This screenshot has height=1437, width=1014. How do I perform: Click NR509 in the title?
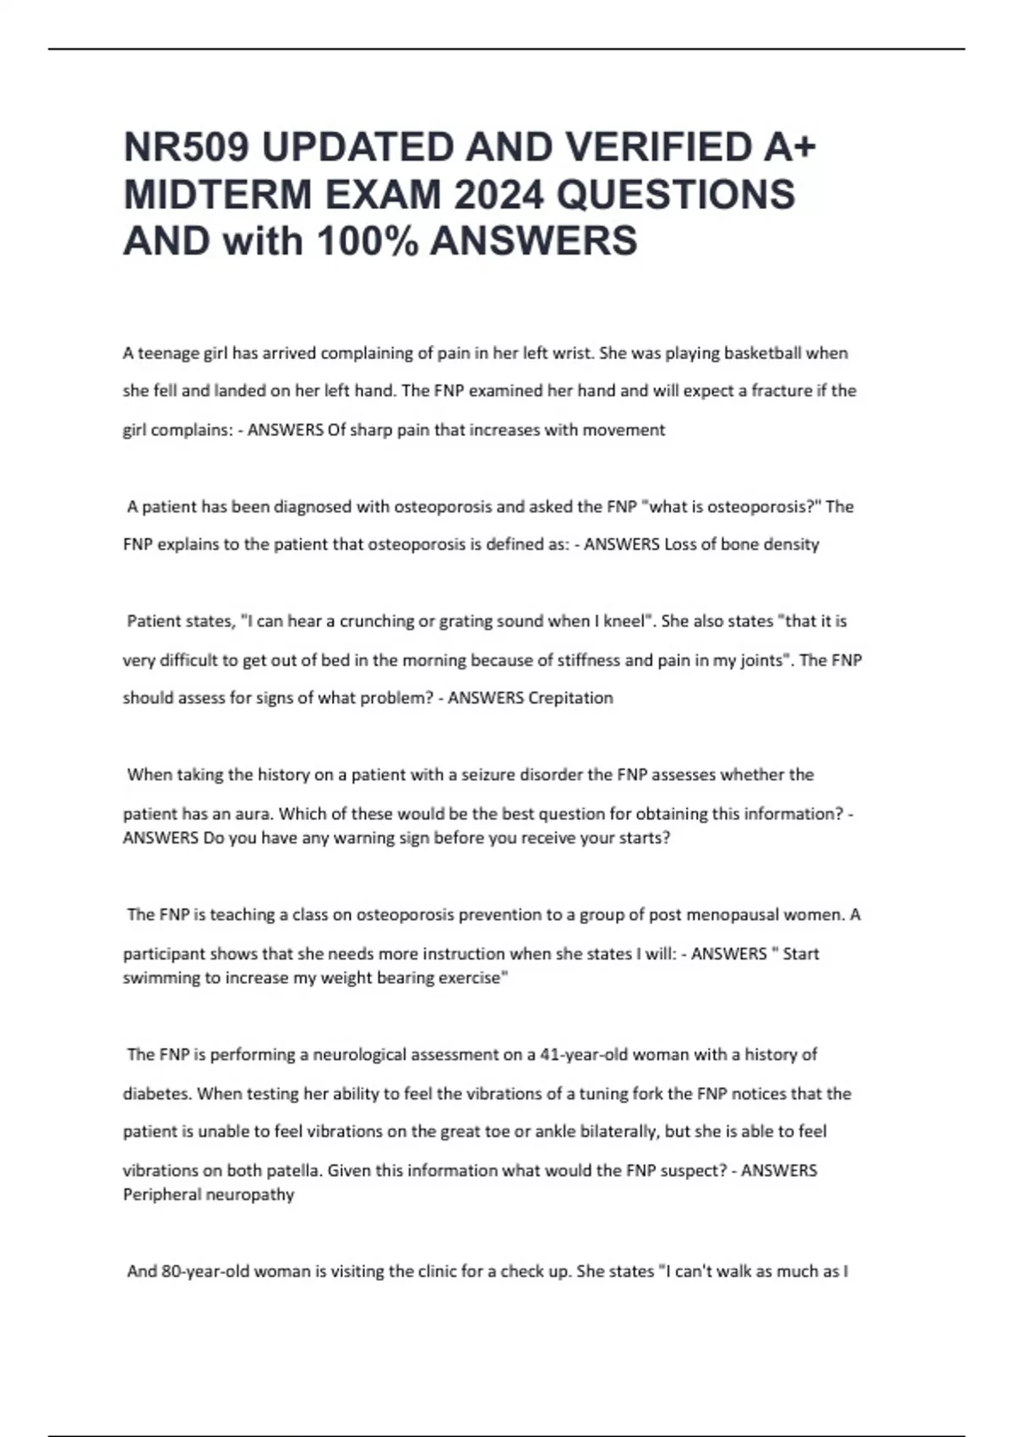[x=187, y=148]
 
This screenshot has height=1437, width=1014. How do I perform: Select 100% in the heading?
[x=367, y=242]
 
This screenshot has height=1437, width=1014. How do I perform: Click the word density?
[x=791, y=544]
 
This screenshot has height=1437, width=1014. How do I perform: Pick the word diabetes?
[x=157, y=1094]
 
